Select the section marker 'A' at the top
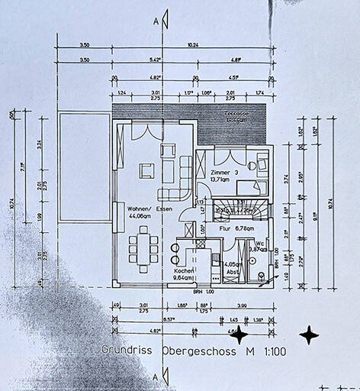(x=156, y=21)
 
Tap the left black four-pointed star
(x=240, y=334)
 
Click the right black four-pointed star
(x=309, y=334)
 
